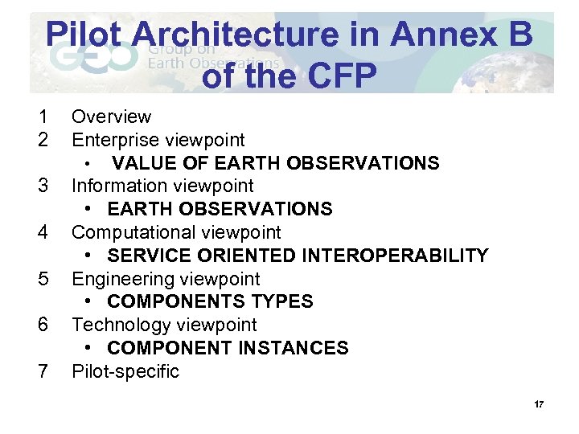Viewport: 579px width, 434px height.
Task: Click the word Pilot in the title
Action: point(84,35)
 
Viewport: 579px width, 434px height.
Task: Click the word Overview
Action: point(111,117)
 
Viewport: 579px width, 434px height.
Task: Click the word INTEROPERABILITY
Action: point(395,256)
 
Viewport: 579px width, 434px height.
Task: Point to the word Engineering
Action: point(123,279)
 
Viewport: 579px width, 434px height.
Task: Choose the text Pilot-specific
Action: point(125,371)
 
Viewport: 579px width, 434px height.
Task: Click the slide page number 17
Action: point(538,403)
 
